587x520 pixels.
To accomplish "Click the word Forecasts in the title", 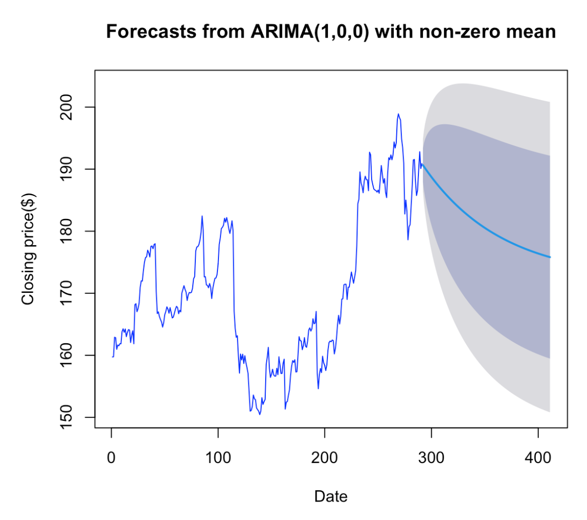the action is (x=151, y=31).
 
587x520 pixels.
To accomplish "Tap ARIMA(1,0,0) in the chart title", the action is (x=310, y=32).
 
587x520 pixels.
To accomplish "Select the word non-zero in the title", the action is (x=460, y=32).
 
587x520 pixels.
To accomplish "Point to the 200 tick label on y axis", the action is (x=66, y=107).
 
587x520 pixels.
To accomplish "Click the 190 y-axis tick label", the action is (x=66, y=169).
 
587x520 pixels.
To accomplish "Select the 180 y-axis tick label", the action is (x=66, y=231).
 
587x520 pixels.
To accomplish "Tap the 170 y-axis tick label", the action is (x=66, y=293).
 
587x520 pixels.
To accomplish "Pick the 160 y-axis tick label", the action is (x=66, y=355).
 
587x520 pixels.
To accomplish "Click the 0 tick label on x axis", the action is (x=111, y=457).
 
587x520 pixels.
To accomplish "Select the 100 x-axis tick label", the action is (x=218, y=457).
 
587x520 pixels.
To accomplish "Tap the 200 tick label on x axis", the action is (x=324, y=457).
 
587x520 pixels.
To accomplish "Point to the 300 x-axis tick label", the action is (x=431, y=457).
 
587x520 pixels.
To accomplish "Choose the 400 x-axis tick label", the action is (x=538, y=457).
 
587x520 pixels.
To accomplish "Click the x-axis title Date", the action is (x=331, y=496).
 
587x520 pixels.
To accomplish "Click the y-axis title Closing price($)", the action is (x=28, y=249).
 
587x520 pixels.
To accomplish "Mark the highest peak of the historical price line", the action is (x=398, y=114).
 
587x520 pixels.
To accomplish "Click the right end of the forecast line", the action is (x=550, y=257).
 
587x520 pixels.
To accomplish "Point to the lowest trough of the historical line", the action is (x=260, y=414).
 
